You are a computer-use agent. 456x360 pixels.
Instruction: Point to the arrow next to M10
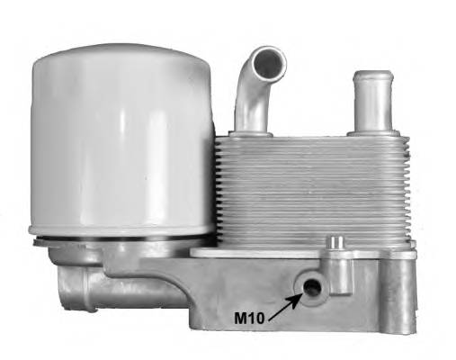pyautogui.click(x=286, y=302)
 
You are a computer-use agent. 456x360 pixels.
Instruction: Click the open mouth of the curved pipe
pyautogui.click(x=267, y=63)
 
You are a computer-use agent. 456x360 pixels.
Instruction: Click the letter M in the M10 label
pyautogui.click(x=241, y=316)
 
